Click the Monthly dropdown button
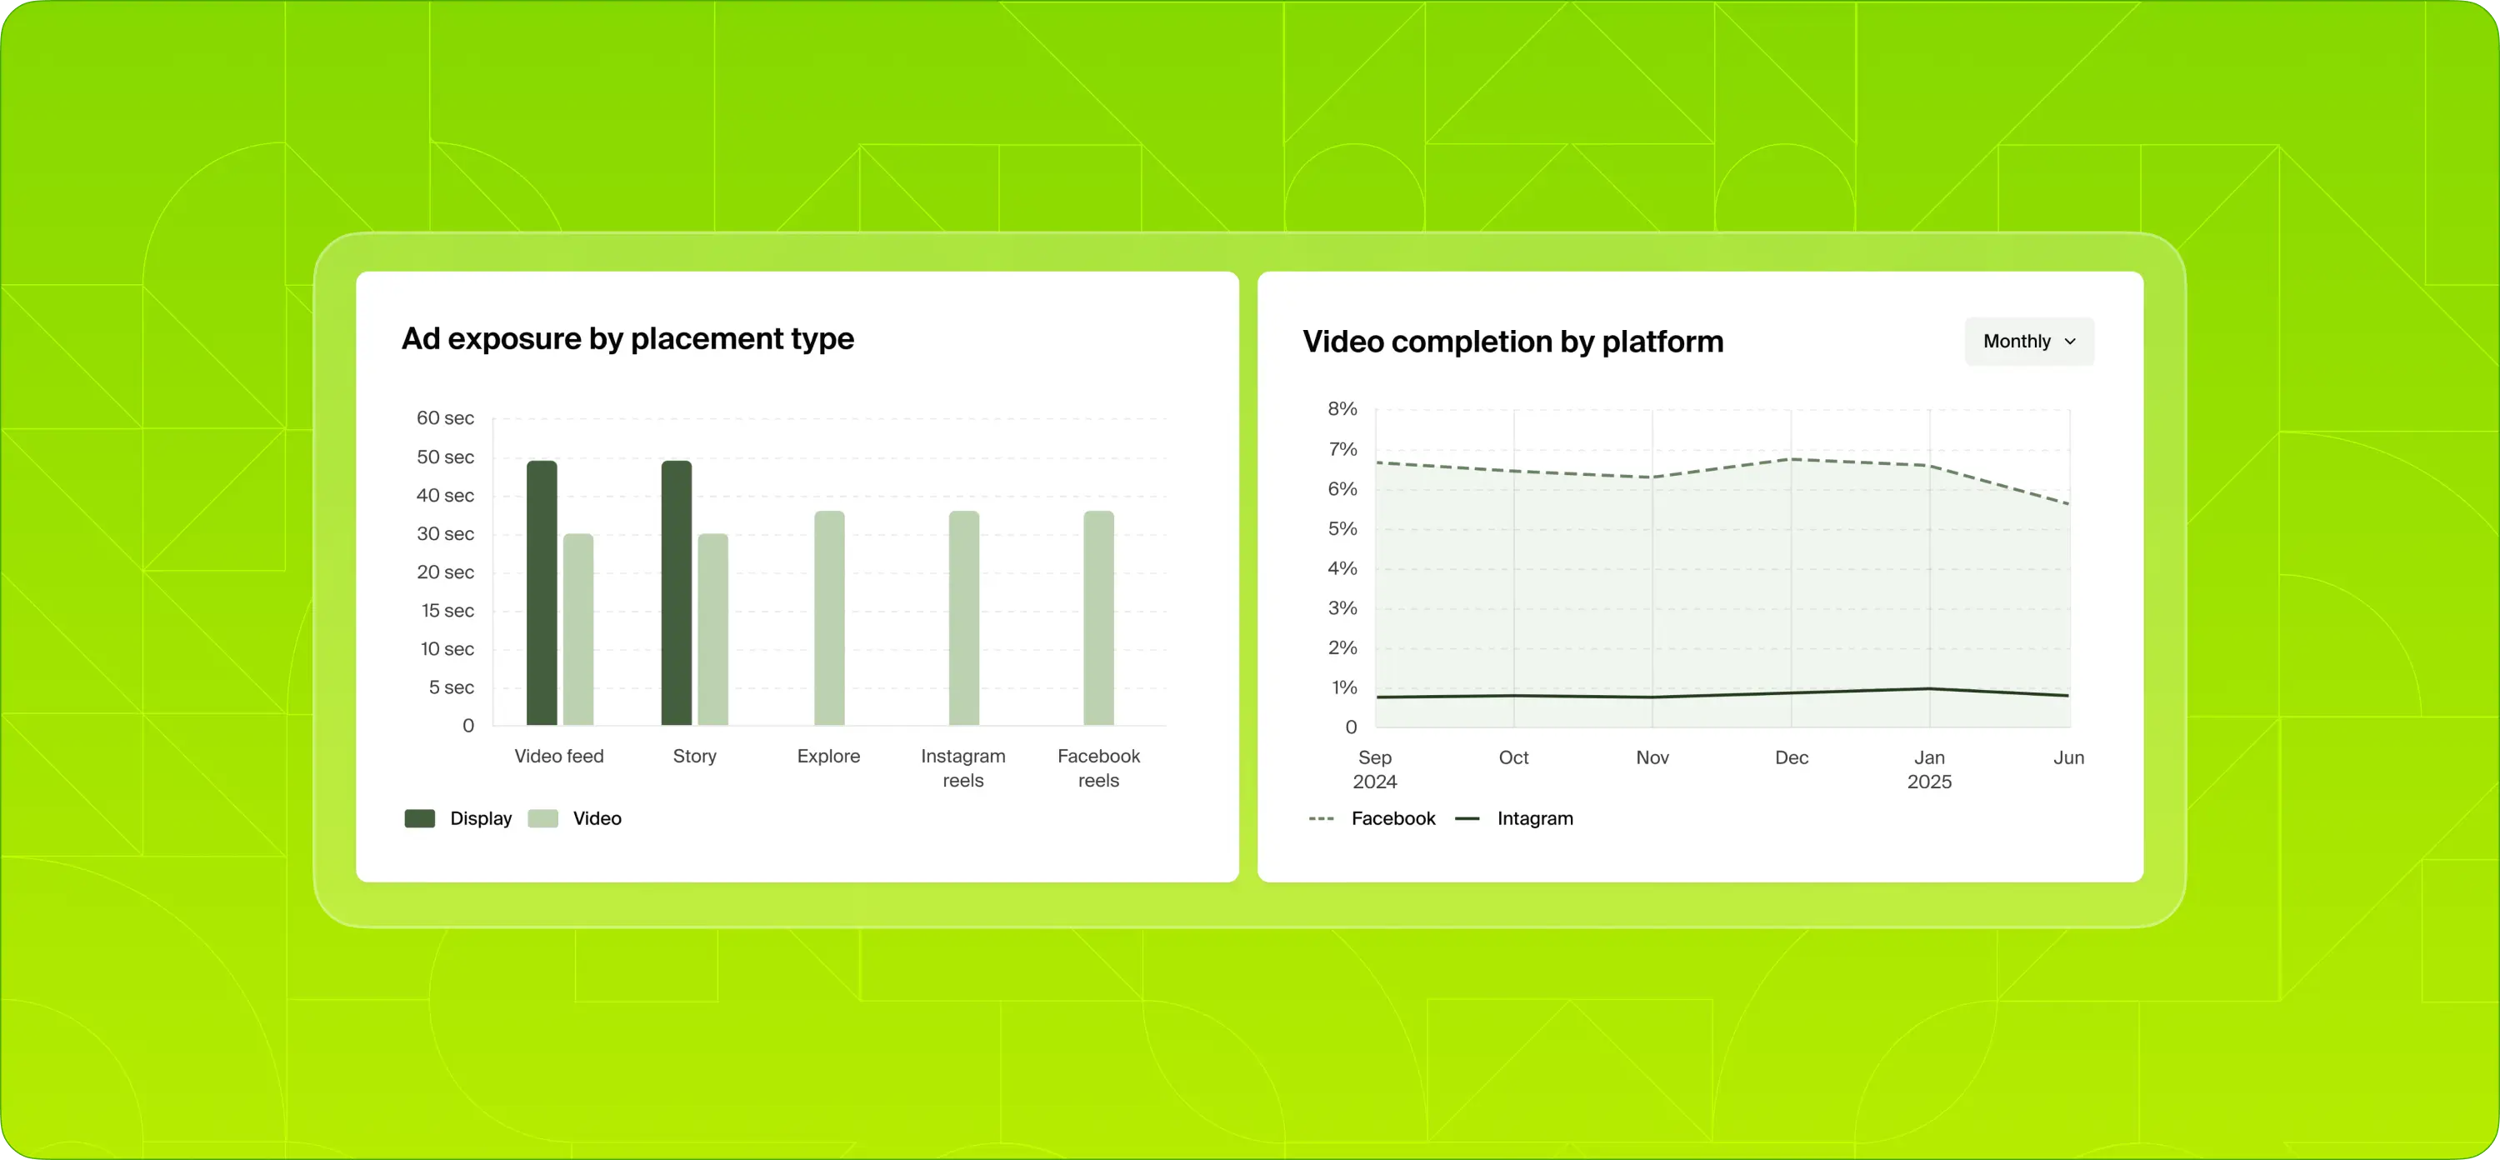2028,342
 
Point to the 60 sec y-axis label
446,418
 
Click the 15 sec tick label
447,611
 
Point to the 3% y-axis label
1342,608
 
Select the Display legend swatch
419,818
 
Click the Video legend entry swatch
542,818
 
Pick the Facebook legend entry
1392,818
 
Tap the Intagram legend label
1534,818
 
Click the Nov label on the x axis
1652,758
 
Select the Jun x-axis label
2068,758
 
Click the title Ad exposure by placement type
627,339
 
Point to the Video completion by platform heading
1512,342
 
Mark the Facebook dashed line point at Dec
1792,459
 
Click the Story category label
694,756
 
